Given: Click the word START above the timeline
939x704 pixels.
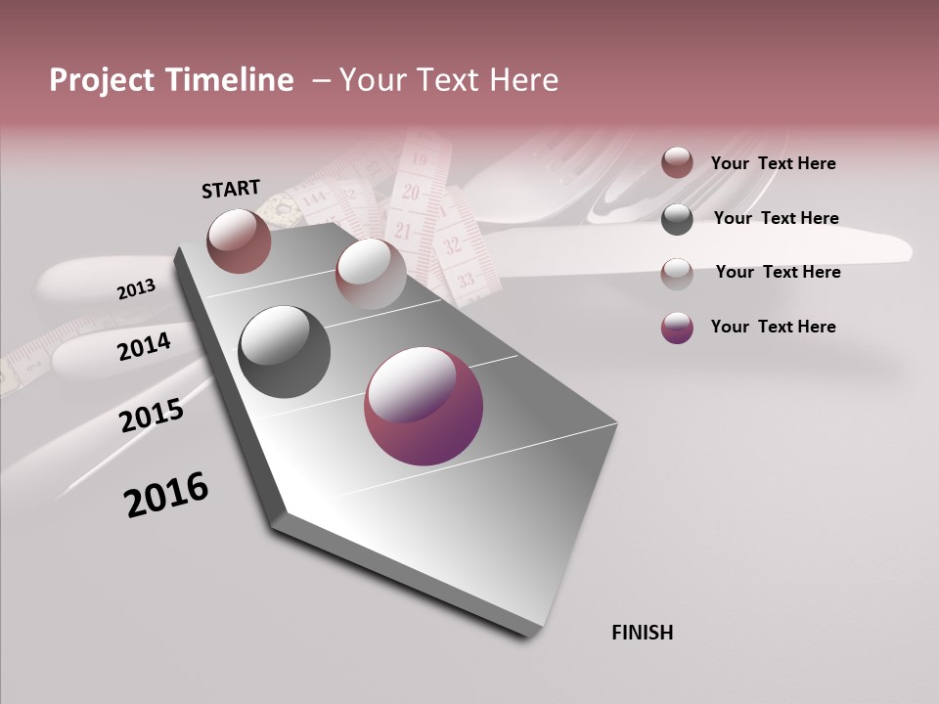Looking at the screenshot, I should coord(231,189).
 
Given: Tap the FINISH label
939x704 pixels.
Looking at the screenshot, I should coord(642,633).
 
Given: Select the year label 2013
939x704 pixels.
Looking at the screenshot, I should coord(136,289).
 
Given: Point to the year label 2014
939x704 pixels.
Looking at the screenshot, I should coord(144,347).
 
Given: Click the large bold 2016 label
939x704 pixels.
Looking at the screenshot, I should coord(166,495).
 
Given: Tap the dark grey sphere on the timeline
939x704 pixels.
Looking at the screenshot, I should coord(284,352).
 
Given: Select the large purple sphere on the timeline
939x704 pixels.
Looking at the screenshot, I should coord(424,406).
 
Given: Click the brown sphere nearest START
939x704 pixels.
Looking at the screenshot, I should coord(239,241).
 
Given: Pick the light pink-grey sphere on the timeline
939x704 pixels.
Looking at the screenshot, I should coord(371,273).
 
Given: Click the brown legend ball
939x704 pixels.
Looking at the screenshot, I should coord(677,163).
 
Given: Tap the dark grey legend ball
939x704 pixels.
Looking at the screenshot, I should coord(677,219).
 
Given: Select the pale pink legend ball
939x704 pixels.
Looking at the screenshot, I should coord(677,273).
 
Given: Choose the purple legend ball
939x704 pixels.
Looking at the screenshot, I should coord(677,328).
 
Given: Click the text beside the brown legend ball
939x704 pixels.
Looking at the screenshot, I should coord(773,163).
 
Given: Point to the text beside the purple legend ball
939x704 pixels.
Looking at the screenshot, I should coord(773,327).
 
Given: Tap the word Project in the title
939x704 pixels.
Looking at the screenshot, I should coord(104,80).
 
